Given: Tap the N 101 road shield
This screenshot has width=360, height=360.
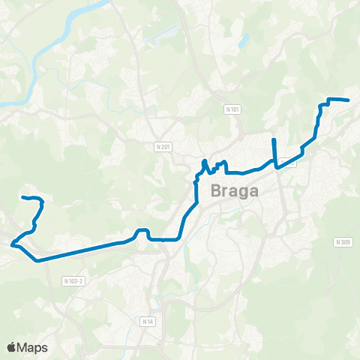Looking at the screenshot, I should [x=233, y=109].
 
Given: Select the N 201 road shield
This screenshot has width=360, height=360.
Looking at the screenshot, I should [x=164, y=146].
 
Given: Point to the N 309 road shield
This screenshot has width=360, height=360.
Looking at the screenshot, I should [x=343, y=242].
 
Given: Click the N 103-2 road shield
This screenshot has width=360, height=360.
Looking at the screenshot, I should [x=72, y=281].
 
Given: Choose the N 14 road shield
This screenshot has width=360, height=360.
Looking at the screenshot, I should [x=147, y=320].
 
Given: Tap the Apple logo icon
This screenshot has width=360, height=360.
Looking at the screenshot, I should [x=12, y=347].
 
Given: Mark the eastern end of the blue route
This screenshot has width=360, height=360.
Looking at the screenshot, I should [x=349, y=100].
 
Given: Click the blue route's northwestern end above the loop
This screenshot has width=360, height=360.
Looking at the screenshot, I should [x=23, y=197].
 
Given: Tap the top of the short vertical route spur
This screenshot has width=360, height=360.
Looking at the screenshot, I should [x=274, y=140].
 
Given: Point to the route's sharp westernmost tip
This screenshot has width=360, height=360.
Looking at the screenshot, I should [x=12, y=243].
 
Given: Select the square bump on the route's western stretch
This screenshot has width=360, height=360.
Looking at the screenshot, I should [x=143, y=232].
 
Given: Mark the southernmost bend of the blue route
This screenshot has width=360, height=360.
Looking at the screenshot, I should [x=37, y=259].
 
